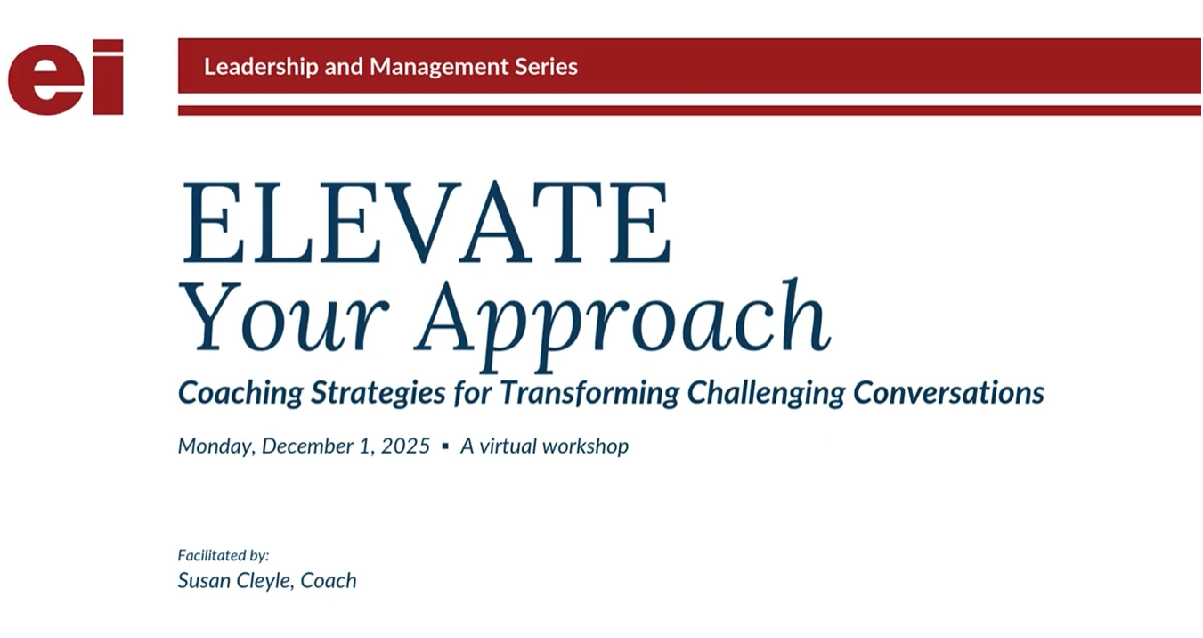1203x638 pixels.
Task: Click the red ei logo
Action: pyautogui.click(x=65, y=78)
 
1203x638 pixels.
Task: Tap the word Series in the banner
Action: pyautogui.click(x=546, y=67)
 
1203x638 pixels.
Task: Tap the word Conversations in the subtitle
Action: pyautogui.click(x=948, y=393)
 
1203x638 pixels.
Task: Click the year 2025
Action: pyautogui.click(x=405, y=446)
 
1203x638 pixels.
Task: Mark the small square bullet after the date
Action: pyautogui.click(x=445, y=446)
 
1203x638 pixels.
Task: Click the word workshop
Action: pyautogui.click(x=585, y=446)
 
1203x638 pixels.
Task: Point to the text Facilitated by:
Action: pyautogui.click(x=224, y=555)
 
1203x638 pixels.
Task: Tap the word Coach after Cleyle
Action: pyautogui.click(x=329, y=581)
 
